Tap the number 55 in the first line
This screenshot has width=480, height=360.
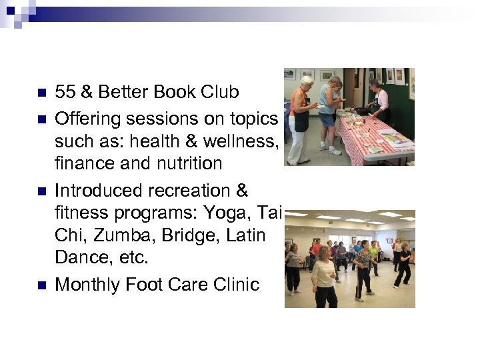pyautogui.click(x=65, y=91)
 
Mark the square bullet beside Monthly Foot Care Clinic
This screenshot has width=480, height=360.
pyautogui.click(x=41, y=285)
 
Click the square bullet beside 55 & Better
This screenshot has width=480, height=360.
pyautogui.click(x=41, y=91)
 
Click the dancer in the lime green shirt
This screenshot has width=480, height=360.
pyautogui.click(x=373, y=254)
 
